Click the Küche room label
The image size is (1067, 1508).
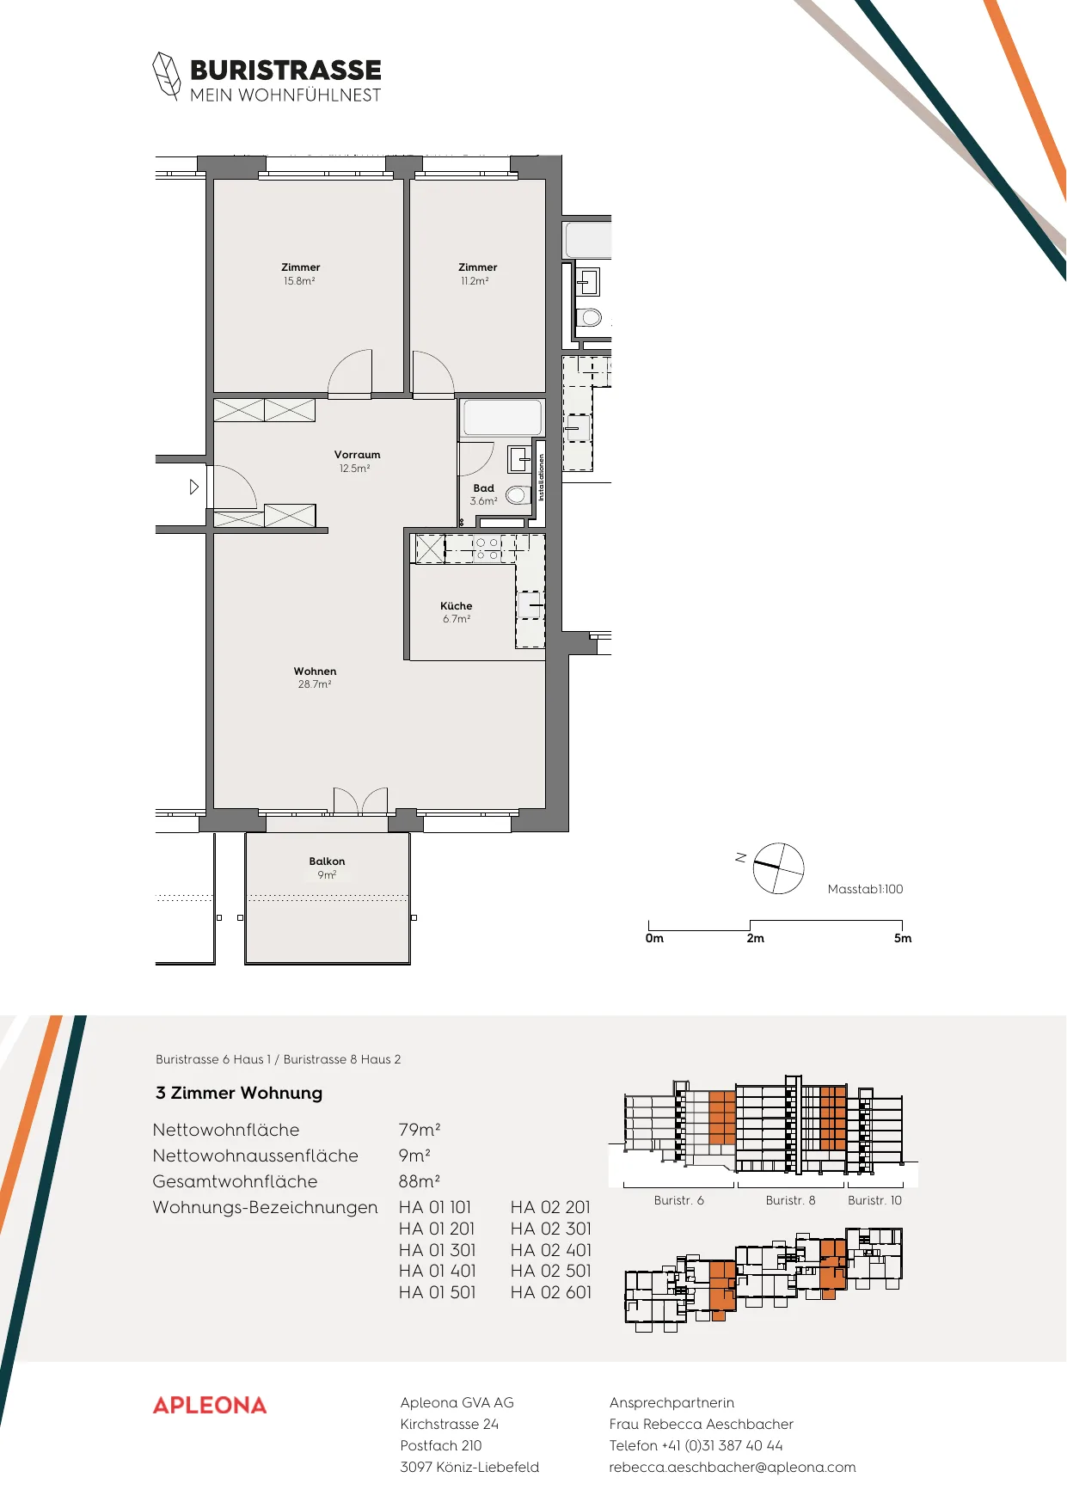click(x=456, y=606)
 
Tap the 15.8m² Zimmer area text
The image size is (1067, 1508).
click(x=299, y=281)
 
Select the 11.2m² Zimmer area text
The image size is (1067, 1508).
click(x=475, y=281)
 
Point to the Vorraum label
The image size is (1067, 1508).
click(x=357, y=455)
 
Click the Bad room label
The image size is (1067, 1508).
click(x=483, y=488)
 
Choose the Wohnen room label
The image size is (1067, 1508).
click(x=315, y=671)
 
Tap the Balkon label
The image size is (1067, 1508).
click(x=327, y=861)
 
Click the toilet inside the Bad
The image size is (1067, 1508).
click(x=518, y=495)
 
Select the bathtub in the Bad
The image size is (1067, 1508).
click(x=502, y=419)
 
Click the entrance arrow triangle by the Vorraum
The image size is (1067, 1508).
click(x=194, y=487)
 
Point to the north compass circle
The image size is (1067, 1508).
click(x=779, y=868)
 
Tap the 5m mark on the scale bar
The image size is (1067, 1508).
click(x=903, y=938)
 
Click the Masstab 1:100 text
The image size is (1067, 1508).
click(x=865, y=889)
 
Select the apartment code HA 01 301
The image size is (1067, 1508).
click(x=437, y=1250)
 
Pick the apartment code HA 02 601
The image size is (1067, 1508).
click(x=551, y=1292)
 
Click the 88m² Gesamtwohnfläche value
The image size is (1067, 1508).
click(x=420, y=1181)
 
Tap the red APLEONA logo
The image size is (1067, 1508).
click(x=210, y=1405)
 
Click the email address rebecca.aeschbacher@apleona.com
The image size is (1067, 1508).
click(x=733, y=1467)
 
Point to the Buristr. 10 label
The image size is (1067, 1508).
click(x=874, y=1200)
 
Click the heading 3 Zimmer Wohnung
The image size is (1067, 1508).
click(x=239, y=1093)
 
